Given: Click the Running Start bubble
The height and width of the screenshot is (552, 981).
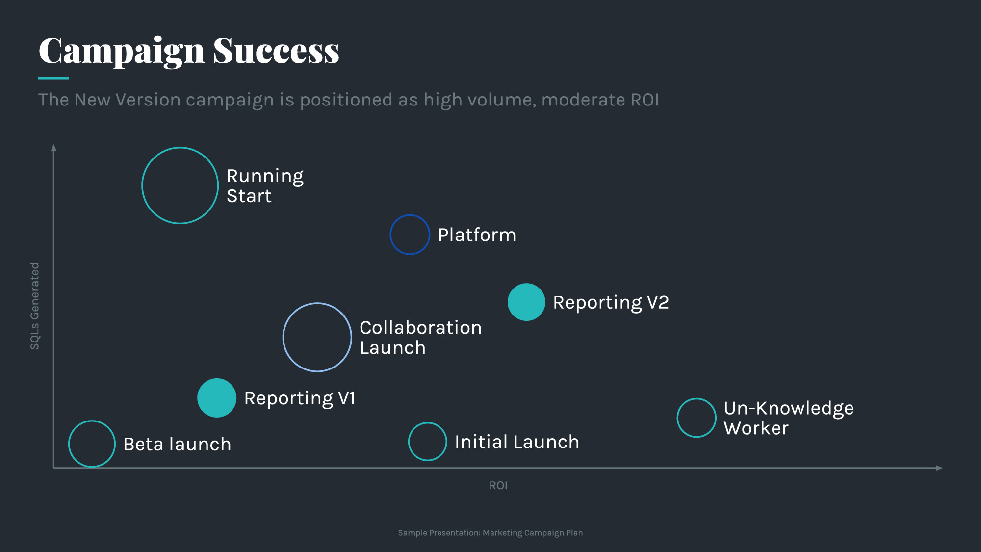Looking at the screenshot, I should click(x=180, y=185).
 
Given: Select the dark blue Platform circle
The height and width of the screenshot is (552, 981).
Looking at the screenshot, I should click(x=410, y=235).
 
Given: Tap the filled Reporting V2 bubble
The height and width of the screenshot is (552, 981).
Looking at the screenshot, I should click(x=526, y=302).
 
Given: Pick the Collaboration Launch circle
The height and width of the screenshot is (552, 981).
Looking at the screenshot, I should click(x=317, y=337).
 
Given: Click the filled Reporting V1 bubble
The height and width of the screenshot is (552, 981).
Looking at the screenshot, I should click(x=217, y=398).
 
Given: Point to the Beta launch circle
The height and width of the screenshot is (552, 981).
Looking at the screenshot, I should click(x=92, y=444).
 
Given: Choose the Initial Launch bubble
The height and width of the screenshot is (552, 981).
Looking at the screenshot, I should click(x=427, y=442).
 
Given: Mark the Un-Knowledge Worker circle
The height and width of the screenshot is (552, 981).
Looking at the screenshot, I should click(x=697, y=418).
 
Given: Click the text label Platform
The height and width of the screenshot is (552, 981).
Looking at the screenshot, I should click(x=477, y=235).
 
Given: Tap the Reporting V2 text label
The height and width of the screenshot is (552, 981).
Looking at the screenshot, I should click(x=611, y=303).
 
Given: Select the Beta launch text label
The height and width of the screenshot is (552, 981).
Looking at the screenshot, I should click(x=177, y=445).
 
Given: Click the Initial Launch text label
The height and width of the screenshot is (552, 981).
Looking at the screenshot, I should click(x=517, y=442).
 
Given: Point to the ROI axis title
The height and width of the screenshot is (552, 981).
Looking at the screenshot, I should click(x=498, y=485).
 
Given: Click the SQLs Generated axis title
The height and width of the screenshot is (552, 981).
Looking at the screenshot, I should click(x=35, y=306).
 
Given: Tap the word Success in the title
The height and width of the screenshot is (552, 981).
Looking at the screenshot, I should click(x=276, y=51).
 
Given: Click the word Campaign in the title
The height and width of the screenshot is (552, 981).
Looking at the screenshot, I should click(x=121, y=52).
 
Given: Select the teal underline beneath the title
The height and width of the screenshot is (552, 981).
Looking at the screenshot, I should click(x=53, y=78).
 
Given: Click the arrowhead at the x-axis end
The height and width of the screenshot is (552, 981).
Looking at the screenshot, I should click(x=939, y=468).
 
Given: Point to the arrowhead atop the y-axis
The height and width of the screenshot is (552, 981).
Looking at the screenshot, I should click(x=54, y=148).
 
